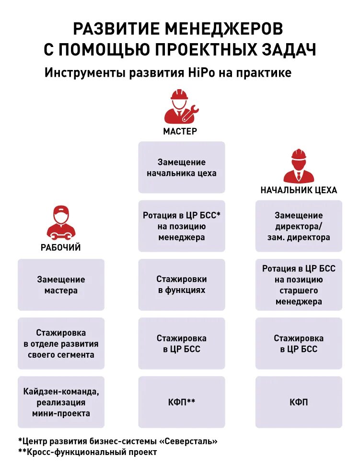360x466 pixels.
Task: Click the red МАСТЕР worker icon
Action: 181,106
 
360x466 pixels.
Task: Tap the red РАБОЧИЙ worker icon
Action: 61,223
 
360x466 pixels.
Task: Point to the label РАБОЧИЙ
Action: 60,248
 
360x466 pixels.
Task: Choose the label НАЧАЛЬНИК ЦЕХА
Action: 299,190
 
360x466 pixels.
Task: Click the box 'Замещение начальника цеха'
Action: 182,167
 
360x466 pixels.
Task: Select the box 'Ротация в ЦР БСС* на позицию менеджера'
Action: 182,226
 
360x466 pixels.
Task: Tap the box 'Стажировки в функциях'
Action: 182,284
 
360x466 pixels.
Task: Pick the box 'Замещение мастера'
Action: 61,285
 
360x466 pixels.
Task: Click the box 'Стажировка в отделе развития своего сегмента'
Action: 61,343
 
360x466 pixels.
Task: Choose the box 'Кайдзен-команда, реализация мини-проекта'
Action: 61,402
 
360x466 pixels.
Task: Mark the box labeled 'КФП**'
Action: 182,402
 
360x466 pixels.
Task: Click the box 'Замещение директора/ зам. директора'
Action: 299,226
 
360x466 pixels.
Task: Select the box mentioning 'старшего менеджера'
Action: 299,285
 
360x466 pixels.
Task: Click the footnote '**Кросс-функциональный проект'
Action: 87,452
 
